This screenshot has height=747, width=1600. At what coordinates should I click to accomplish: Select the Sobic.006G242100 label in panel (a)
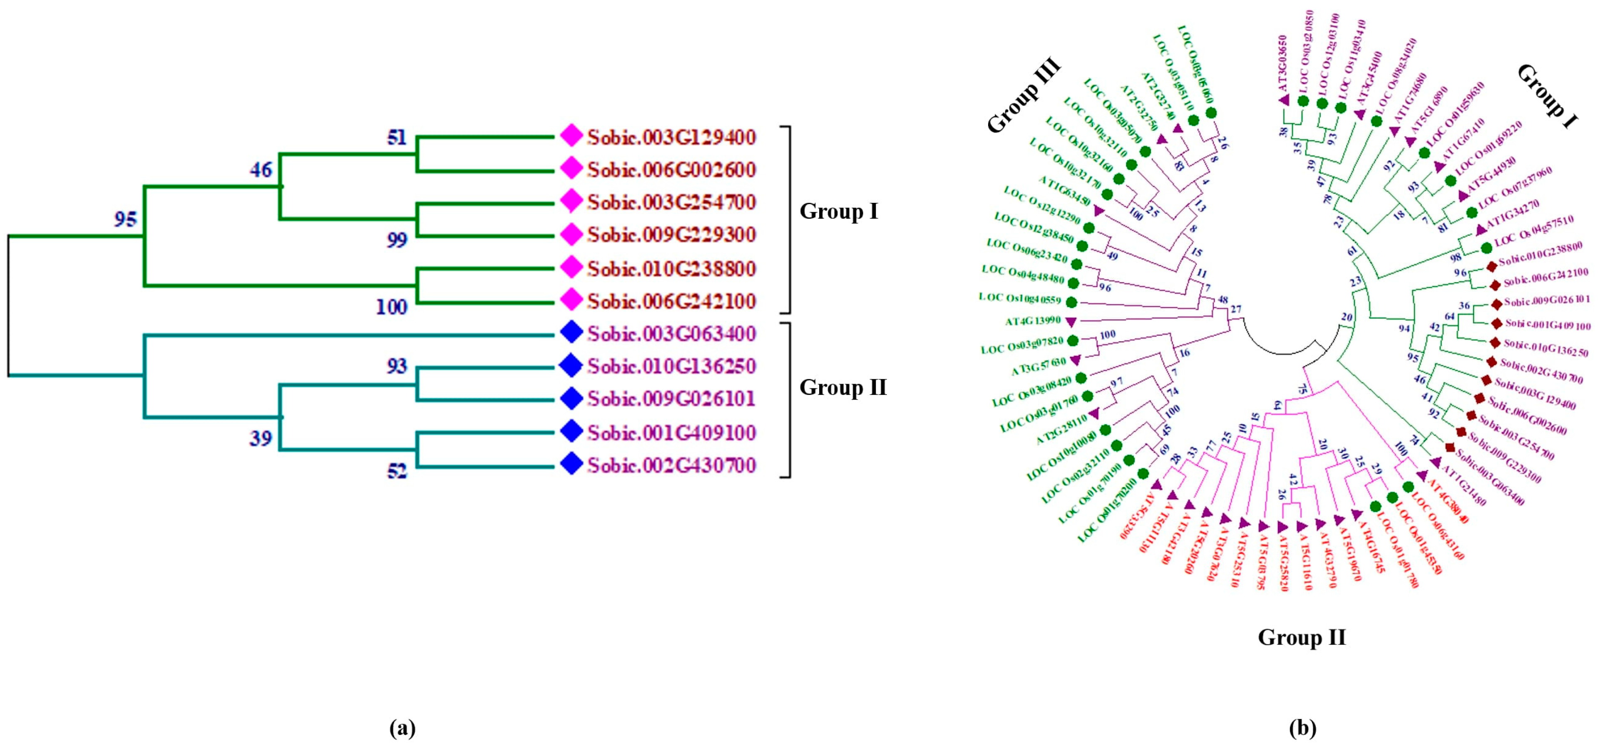[x=671, y=301]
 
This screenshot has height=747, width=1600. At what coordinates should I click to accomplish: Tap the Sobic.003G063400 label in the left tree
[x=671, y=334]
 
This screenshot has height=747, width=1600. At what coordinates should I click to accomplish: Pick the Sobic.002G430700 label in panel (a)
[x=671, y=465]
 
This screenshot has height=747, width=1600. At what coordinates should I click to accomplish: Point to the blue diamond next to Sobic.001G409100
[x=571, y=431]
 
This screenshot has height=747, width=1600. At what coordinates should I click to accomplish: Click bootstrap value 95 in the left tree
[x=125, y=219]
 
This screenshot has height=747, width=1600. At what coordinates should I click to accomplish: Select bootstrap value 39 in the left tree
[x=261, y=438]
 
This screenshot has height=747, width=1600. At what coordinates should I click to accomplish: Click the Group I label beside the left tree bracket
[x=839, y=211]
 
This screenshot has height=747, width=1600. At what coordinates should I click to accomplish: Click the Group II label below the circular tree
[x=1302, y=637]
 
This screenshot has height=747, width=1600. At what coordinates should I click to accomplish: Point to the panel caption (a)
[x=402, y=727]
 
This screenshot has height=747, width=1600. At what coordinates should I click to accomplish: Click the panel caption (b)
[x=1302, y=727]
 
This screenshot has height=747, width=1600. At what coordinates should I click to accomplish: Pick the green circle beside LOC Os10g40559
[x=1071, y=302]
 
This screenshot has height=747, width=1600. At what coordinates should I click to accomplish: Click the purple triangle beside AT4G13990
[x=1070, y=322]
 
